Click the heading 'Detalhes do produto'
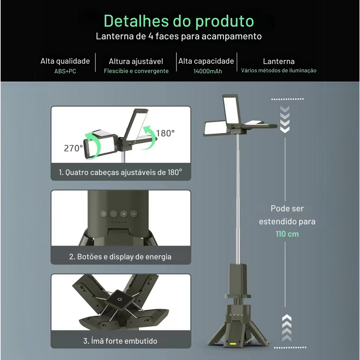pyautogui.click(x=179, y=21)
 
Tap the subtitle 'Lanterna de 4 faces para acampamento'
pyautogui.click(x=179, y=36)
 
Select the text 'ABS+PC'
pyautogui.click(x=65, y=71)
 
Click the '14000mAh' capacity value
pyautogui.click(x=208, y=71)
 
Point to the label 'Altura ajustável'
pyautogui.click(x=136, y=61)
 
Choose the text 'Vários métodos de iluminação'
pyautogui.click(x=279, y=70)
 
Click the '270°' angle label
pyautogui.click(x=73, y=148)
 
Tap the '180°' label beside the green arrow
pyautogui.click(x=165, y=133)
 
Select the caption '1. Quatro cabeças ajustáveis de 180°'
pyautogui.click(x=121, y=172)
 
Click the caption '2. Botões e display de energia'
pyautogui.click(x=121, y=257)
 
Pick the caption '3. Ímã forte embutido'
pyautogui.click(x=121, y=341)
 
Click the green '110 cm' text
pyautogui.click(x=287, y=234)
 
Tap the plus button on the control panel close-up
pyautogui.click(x=124, y=214)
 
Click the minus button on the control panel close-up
pyautogui.click(x=134, y=214)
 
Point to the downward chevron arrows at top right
pyautogui.click(x=285, y=119)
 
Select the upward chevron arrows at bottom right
pyautogui.click(x=287, y=328)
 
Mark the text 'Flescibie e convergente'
pyautogui.click(x=136, y=71)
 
